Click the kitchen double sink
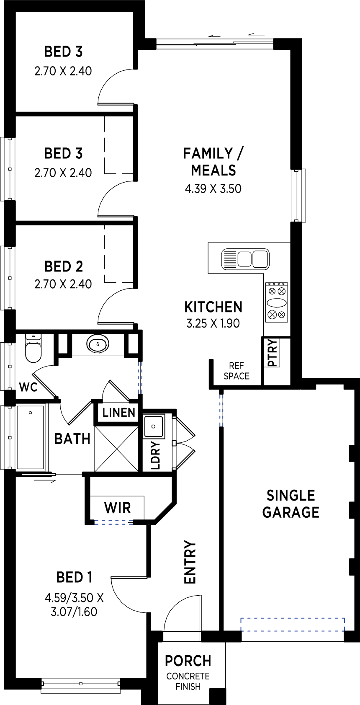pyautogui.click(x=245, y=259)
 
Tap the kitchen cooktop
pyautogui.click(x=277, y=302)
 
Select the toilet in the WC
pyautogui.click(x=33, y=349)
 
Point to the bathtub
pyautogui.click(x=31, y=437)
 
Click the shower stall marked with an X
pyautogui.click(x=116, y=449)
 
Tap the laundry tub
pyautogui.click(x=154, y=426)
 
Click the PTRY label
pyautogui.click(x=273, y=353)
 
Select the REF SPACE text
pyautogui.click(x=237, y=371)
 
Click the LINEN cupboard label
pyautogui.click(x=119, y=412)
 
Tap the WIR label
pyautogui.click(x=118, y=508)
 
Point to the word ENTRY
pyautogui.click(x=190, y=562)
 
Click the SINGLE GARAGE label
pyautogui.click(x=291, y=504)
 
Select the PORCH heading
pyautogui.click(x=188, y=661)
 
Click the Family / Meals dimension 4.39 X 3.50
pyautogui.click(x=213, y=189)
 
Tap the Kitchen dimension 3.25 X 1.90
pyautogui.click(x=213, y=323)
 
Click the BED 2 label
pyautogui.click(x=64, y=266)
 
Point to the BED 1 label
pyautogui.click(x=74, y=577)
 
